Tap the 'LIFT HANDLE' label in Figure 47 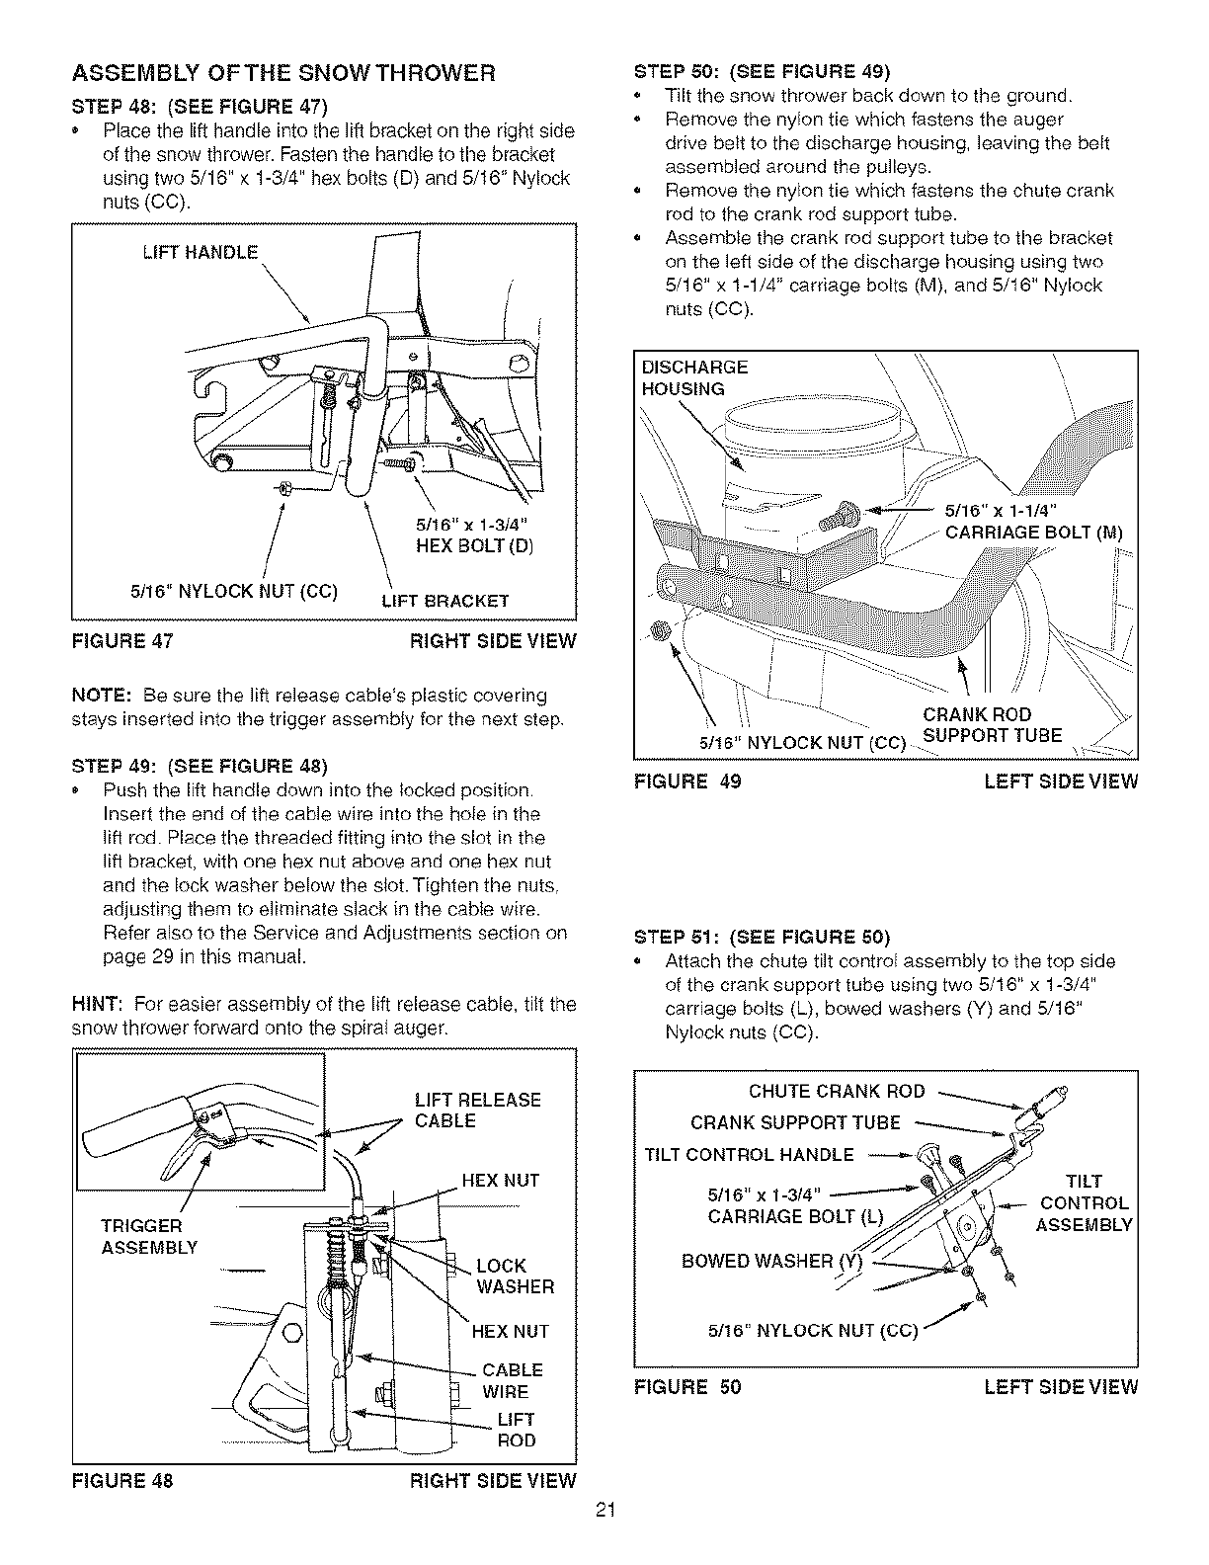tap(201, 252)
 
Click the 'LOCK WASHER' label tap(515, 1276)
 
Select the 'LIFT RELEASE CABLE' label tap(477, 1110)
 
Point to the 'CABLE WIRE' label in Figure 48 tap(512, 1380)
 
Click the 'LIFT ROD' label tap(515, 1430)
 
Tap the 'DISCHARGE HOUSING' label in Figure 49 tap(694, 377)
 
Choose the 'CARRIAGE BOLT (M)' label tap(1034, 534)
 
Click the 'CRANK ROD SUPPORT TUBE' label tap(992, 725)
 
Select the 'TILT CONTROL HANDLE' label tap(749, 1155)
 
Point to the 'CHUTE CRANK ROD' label tap(837, 1091)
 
